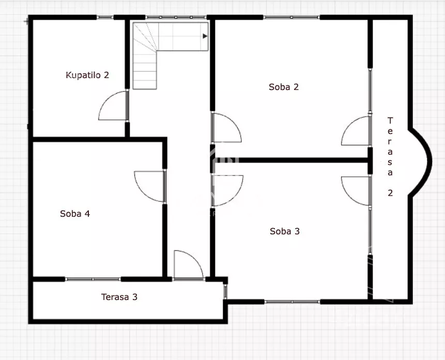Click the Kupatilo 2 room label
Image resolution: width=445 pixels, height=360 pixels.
[87, 75]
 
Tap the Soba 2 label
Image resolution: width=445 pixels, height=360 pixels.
[284, 87]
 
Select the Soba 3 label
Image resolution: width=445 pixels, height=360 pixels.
[285, 231]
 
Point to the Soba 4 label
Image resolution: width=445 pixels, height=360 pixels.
[75, 214]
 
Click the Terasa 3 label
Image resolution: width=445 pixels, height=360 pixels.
[119, 297]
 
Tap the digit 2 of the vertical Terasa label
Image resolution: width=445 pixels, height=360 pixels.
[390, 193]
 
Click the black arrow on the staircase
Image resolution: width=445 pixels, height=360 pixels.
[205, 36]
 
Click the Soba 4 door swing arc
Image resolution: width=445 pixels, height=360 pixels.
[149, 186]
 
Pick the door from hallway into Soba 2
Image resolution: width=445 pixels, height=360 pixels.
[227, 127]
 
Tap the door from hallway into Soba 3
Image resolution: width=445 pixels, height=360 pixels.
[227, 190]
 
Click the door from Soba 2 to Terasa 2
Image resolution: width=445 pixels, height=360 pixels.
[356, 131]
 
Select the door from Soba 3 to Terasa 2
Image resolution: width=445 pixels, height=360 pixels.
[356, 191]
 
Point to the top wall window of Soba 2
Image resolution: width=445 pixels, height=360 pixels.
[291, 17]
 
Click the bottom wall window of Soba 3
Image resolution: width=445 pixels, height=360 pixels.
[293, 302]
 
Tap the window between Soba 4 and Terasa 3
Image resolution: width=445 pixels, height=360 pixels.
[93, 279]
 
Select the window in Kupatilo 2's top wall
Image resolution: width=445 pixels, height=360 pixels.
[105, 17]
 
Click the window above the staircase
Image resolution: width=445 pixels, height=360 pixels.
[176, 17]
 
